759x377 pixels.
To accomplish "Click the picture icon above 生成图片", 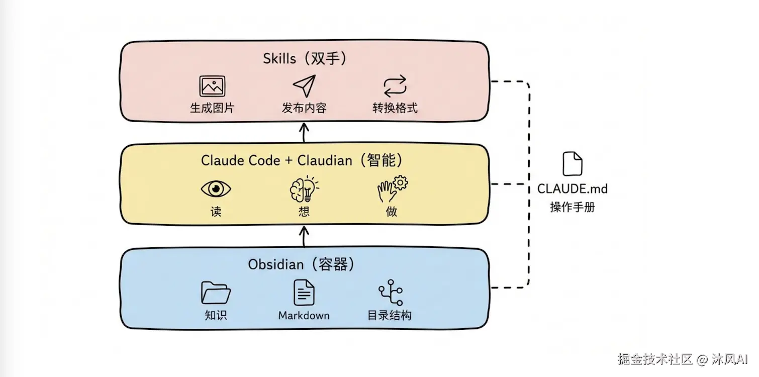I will tap(212, 86).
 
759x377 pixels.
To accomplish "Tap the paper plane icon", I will tap(304, 86).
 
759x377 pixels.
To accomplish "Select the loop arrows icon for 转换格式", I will tap(395, 86).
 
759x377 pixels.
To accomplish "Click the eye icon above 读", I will tap(216, 189).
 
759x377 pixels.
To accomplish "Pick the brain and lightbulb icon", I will tap(304, 189).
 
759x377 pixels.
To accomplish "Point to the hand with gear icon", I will tap(392, 189).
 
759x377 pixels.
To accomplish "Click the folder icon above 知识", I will tap(216, 293).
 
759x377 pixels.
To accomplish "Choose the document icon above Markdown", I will tap(304, 292).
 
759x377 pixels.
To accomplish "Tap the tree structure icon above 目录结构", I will tap(391, 293).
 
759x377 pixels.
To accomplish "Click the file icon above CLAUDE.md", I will tap(573, 164).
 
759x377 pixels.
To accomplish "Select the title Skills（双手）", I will tap(305, 59).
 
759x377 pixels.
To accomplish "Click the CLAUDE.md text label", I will tap(573, 189).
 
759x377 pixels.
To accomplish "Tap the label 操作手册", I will tap(573, 207).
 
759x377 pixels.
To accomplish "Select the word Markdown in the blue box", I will tap(304, 316).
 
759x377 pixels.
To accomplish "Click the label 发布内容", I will tap(304, 108).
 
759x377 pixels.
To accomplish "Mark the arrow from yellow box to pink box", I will tap(304, 133).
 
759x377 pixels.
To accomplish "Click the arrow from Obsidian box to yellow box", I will tap(304, 236).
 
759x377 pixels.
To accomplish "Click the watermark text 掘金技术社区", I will tap(655, 359).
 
